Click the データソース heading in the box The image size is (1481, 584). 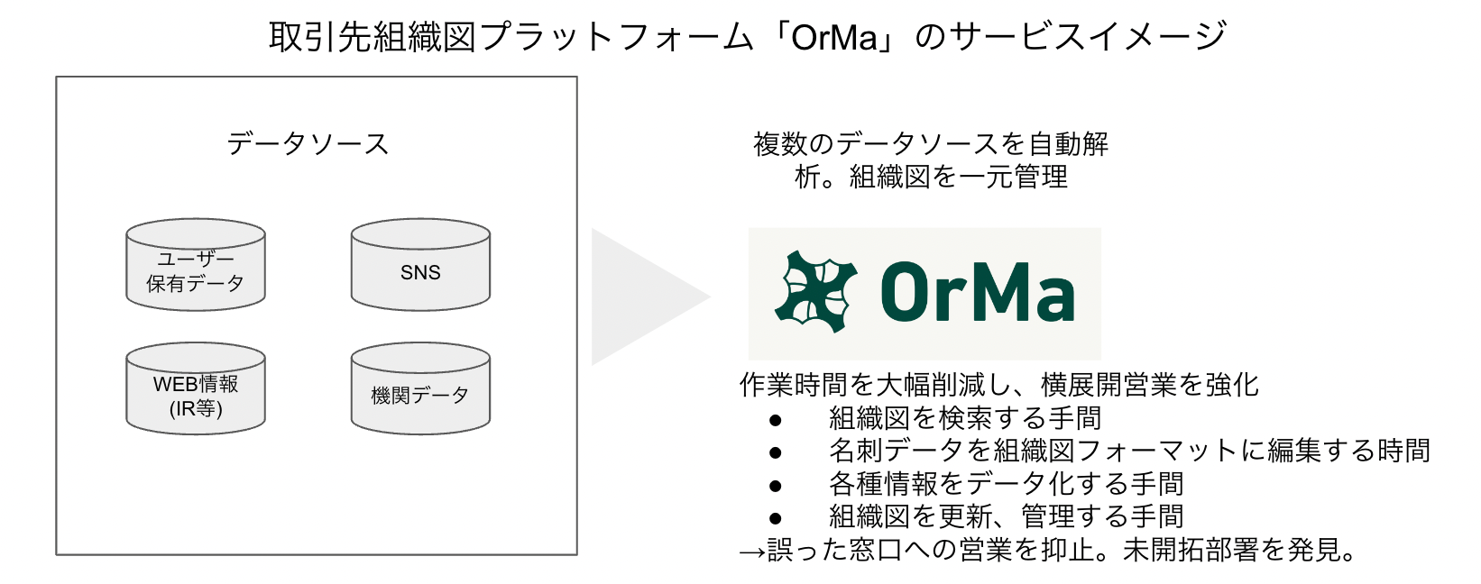tap(308, 144)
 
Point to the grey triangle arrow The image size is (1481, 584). tap(640, 297)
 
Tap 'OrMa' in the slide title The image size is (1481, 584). tap(833, 37)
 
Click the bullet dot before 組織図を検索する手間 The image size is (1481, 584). tap(775, 420)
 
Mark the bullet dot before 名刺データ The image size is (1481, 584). tap(775, 452)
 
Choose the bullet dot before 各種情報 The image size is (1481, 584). tap(775, 486)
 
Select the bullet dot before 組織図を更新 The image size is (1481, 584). tap(775, 518)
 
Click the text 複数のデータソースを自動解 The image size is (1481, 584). tap(930, 144)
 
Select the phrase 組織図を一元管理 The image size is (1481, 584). tap(958, 177)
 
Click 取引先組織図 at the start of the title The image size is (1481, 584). tap(373, 37)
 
